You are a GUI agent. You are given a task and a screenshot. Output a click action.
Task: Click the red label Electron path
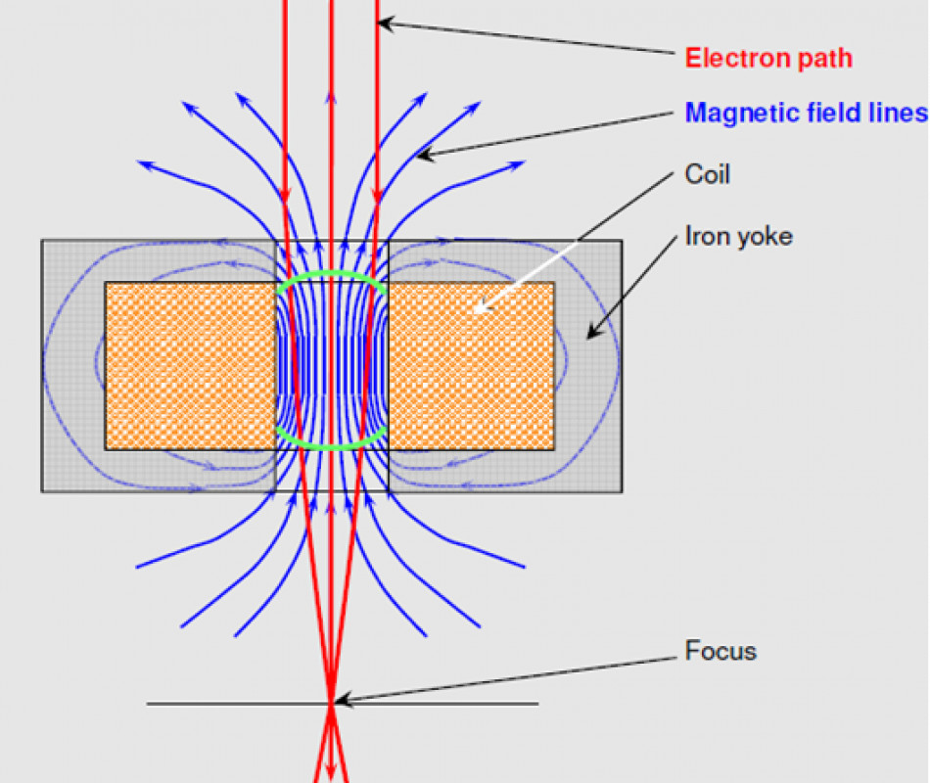point(767,58)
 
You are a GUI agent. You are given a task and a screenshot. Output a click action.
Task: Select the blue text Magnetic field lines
point(806,112)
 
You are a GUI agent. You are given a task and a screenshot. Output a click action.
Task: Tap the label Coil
point(707,175)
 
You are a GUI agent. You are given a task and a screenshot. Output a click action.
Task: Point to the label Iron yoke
point(738,236)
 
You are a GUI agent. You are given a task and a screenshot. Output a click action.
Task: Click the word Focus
point(721,651)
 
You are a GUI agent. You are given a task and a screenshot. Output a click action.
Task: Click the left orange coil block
point(190,366)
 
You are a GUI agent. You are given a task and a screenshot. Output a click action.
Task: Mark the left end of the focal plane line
point(148,704)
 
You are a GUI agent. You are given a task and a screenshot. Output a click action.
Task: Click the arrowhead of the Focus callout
point(338,701)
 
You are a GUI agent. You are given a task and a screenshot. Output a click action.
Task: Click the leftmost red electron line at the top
point(285,20)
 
